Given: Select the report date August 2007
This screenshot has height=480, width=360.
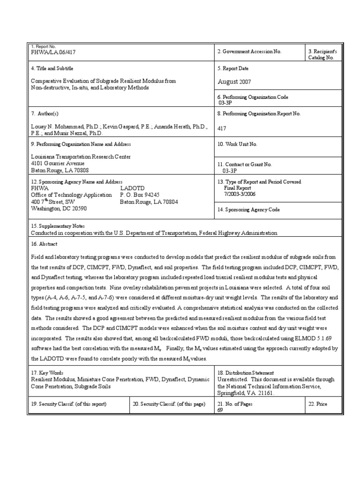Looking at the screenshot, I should tap(234, 82).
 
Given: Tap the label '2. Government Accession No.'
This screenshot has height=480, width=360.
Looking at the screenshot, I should tap(249, 52).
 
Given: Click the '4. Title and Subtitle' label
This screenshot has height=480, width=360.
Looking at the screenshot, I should tap(52, 68).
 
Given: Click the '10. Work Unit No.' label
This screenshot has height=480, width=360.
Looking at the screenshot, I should tap(237, 144).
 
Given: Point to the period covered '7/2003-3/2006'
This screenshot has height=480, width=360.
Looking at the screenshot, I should tap(240, 194).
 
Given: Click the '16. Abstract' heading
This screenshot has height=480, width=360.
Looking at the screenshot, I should tap(44, 244).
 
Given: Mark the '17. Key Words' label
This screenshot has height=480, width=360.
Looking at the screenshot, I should tap(46, 373).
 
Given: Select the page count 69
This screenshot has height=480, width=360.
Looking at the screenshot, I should tap(220, 410).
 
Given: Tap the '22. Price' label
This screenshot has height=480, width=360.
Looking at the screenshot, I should tap(317, 404).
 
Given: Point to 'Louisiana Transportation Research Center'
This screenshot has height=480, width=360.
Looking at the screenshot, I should tap(81, 157).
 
